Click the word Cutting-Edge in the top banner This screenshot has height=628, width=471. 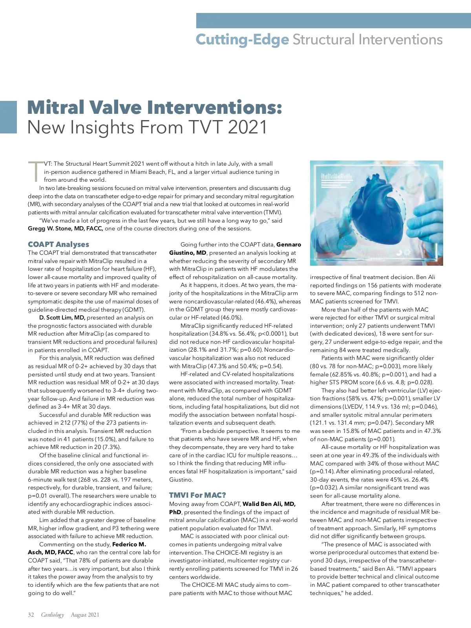click(242, 40)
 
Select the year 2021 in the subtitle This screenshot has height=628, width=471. click(247, 128)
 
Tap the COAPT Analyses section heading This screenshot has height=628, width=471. click(58, 244)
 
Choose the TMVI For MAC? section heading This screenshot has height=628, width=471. click(197, 495)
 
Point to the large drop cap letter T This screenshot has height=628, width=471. click(35, 172)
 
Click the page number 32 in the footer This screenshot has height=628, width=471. click(31, 615)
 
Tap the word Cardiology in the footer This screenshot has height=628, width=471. click(53, 615)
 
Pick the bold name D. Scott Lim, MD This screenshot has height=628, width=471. click(62, 318)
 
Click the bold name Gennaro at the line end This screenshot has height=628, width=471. click(288, 245)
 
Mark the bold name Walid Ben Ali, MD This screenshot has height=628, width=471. click(269, 504)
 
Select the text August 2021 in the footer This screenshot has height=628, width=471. click(85, 615)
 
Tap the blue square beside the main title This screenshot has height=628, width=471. click(8, 117)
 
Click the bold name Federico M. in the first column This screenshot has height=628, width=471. click(129, 544)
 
